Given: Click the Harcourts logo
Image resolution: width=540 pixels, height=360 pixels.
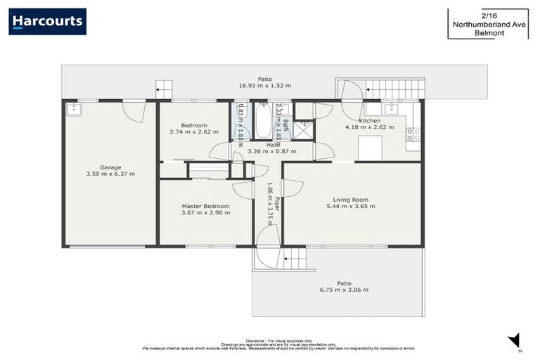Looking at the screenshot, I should (x=47, y=21).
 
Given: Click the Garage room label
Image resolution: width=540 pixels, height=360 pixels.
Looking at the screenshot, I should (x=110, y=167).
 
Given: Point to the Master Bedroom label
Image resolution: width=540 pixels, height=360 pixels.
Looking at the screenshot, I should (x=205, y=206).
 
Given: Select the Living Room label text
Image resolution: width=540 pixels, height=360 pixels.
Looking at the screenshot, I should (x=354, y=200).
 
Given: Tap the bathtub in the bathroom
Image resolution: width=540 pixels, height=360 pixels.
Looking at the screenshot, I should (x=263, y=121).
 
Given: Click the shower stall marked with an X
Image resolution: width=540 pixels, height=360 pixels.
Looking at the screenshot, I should (x=304, y=129).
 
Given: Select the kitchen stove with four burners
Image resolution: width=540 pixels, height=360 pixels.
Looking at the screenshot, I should (x=413, y=134).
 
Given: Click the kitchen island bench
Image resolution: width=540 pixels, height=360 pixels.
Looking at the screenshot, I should (x=370, y=148).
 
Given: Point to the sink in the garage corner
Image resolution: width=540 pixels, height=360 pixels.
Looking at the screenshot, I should (x=75, y=110).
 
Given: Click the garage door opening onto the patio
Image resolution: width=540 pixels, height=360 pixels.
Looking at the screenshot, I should (x=134, y=109).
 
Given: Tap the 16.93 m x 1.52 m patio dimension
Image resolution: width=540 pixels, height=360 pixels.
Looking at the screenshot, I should (x=264, y=85).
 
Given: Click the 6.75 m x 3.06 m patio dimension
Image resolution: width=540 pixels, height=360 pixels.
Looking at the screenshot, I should (x=344, y=290).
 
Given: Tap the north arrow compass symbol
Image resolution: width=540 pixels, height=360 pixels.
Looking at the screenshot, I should (x=514, y=340).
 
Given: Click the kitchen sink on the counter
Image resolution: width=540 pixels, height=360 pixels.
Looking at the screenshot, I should (x=392, y=109).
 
